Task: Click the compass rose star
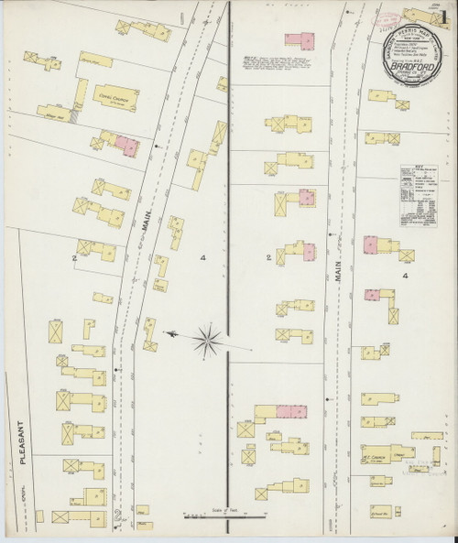pyautogui.click(x=208, y=339)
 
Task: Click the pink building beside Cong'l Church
pyautogui.click(x=125, y=144)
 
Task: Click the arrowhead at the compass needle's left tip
pyautogui.click(x=164, y=335)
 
